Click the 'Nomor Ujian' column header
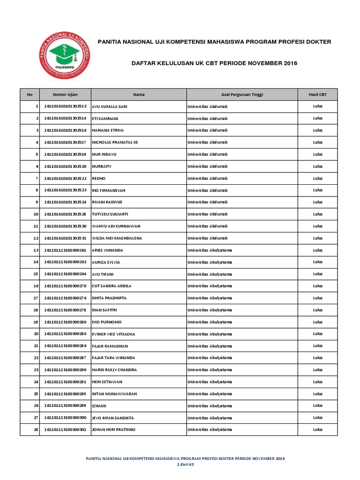click(x=65, y=94)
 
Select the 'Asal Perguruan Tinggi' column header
click(x=242, y=94)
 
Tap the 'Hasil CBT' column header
click(x=317, y=94)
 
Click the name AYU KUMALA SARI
click(x=110, y=106)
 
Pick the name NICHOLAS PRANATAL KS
click(x=115, y=142)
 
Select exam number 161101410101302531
click(x=65, y=238)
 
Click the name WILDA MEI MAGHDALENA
click(x=117, y=238)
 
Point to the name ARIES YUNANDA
click(x=108, y=250)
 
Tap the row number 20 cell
click(x=30, y=334)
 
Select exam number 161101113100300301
click(x=65, y=429)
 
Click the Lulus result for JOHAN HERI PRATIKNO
click(x=317, y=429)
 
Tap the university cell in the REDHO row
click(x=207, y=178)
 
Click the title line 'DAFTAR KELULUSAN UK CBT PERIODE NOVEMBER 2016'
click(x=214, y=63)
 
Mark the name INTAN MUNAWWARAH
click(x=114, y=394)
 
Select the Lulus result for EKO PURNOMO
click(x=317, y=322)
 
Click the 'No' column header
click(x=30, y=94)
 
